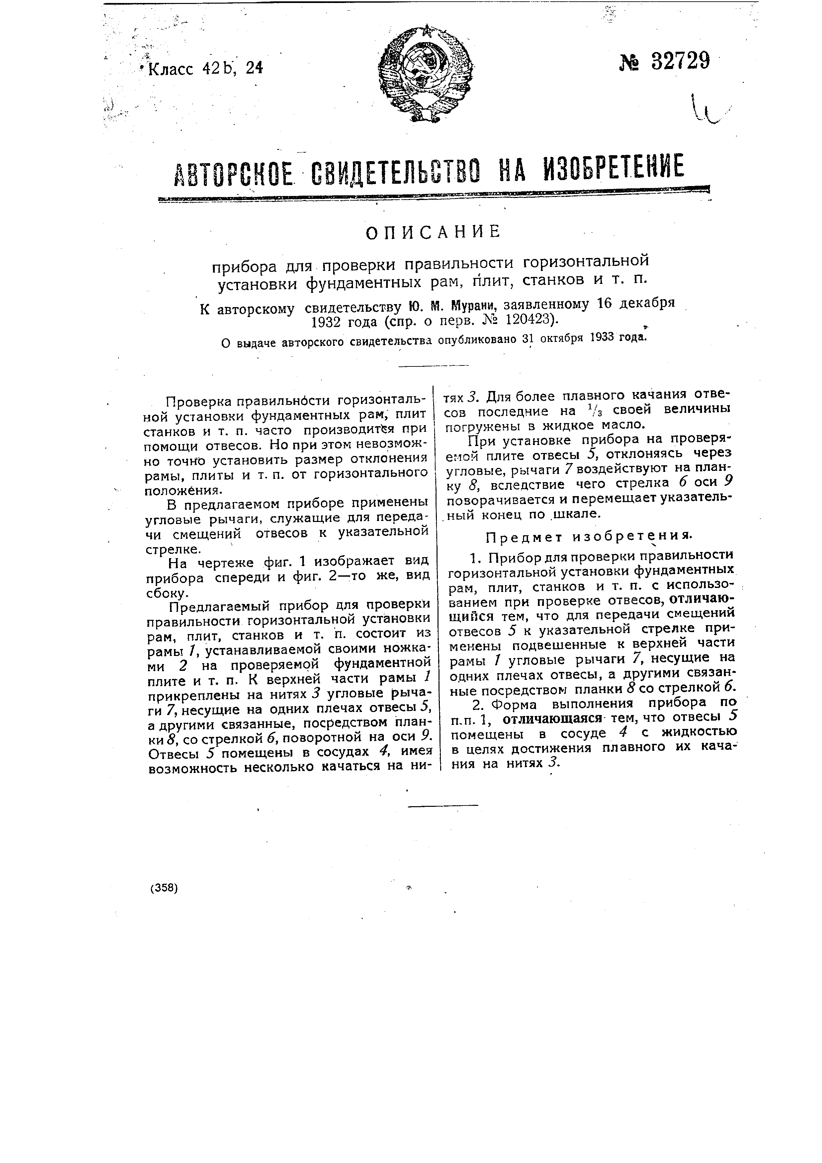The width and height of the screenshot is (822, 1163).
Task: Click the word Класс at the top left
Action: click(172, 68)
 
